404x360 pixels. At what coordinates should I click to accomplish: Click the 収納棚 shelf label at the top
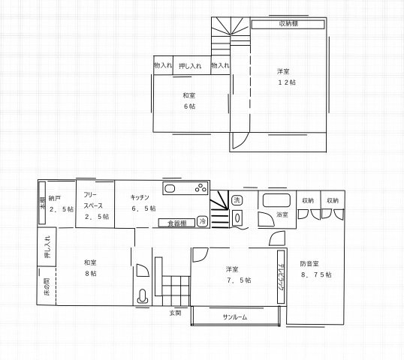point(288,24)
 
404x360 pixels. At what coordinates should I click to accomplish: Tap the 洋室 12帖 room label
point(284,77)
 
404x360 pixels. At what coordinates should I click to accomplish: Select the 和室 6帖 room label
point(189,100)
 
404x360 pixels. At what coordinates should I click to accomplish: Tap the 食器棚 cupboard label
point(177,222)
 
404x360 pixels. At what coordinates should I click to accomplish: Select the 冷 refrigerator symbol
point(202,221)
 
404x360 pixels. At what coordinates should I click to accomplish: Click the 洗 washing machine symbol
point(237,200)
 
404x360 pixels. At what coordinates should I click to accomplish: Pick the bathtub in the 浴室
point(276,201)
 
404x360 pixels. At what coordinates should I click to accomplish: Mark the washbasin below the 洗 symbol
point(238,218)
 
